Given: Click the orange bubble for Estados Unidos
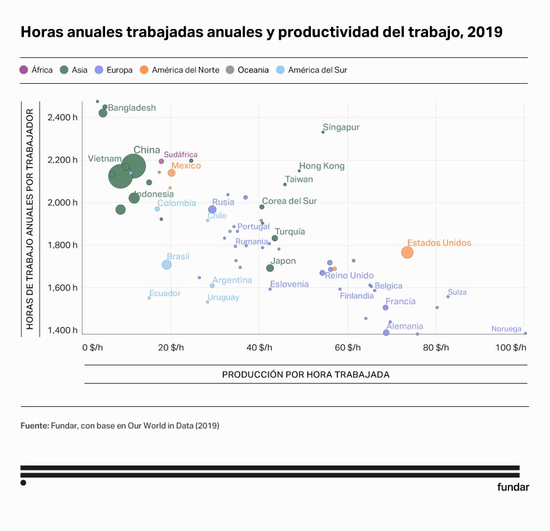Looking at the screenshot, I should point(407,252).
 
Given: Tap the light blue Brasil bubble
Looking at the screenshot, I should point(167,265).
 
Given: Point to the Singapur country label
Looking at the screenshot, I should point(341,127).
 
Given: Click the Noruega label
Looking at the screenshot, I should point(507,329).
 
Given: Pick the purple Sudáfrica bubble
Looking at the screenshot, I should point(161,161).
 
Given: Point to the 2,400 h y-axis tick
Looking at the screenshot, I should point(62,117).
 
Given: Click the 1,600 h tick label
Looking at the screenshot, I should point(62,288).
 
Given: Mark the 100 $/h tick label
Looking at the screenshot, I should point(512,348).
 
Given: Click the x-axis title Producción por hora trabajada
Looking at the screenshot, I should point(306,374).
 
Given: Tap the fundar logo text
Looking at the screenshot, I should point(513,487).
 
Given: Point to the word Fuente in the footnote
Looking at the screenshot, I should point(35,426).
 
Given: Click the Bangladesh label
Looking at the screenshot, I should point(132,108).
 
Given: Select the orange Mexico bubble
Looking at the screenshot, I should point(171,173).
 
